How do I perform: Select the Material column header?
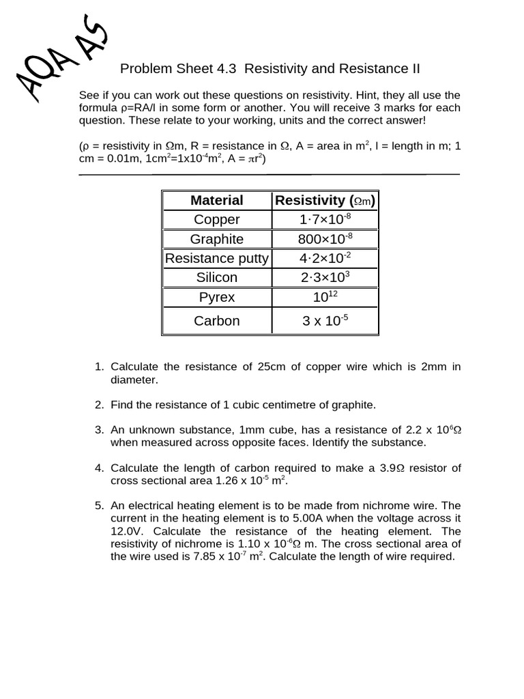click(x=217, y=200)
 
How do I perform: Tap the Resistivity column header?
click(x=325, y=200)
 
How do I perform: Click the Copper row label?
click(x=217, y=220)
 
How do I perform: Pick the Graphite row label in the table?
click(x=217, y=239)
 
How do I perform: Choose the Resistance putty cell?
click(x=217, y=258)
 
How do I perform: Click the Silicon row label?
click(x=217, y=277)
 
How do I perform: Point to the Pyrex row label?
click(x=217, y=297)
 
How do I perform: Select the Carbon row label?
click(x=217, y=320)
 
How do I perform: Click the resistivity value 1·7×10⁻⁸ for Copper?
click(x=325, y=220)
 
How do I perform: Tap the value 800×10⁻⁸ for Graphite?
click(x=325, y=239)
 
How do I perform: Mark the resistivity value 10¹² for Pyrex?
click(x=325, y=297)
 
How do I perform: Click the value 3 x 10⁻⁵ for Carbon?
click(x=325, y=320)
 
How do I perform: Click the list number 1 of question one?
click(x=98, y=367)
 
